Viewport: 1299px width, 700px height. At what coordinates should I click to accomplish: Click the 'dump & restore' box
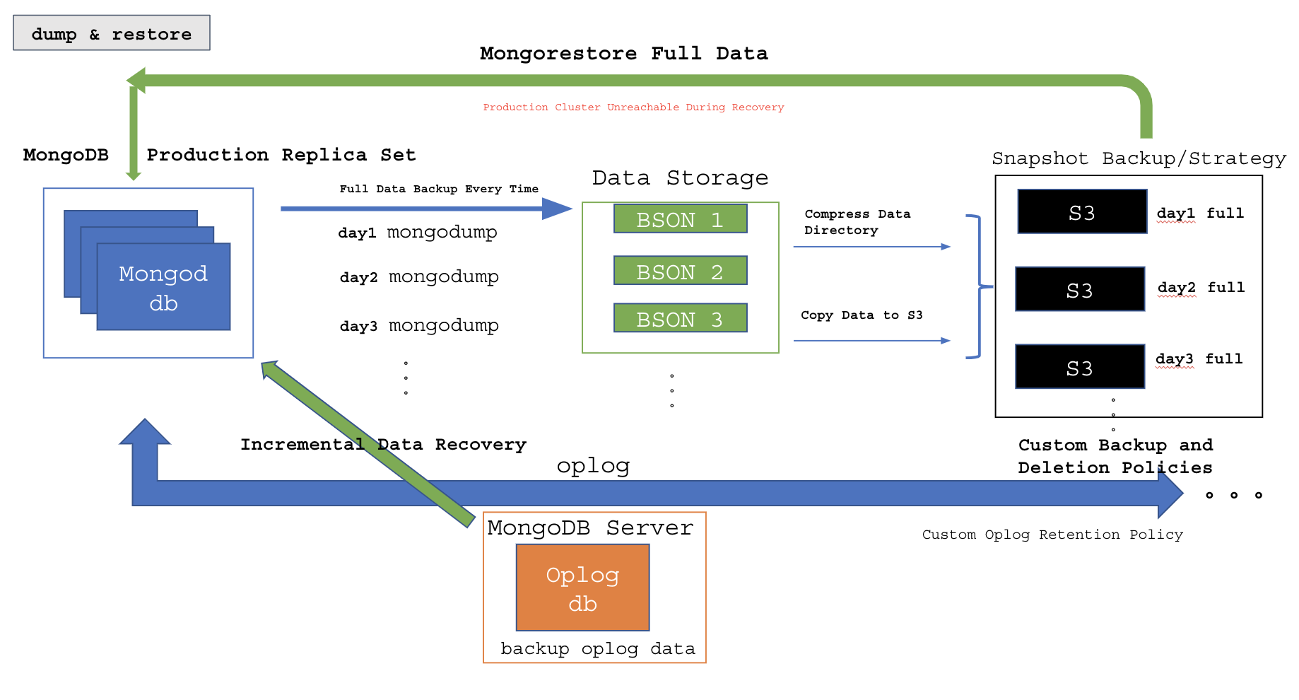(x=112, y=33)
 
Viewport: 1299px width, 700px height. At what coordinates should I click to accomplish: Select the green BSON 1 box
(x=680, y=219)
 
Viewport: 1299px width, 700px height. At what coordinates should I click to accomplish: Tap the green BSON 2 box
(x=680, y=271)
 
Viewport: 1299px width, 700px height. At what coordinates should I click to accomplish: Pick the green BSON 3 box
(x=680, y=318)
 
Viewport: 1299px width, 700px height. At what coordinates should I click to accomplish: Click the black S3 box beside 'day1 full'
(x=1082, y=211)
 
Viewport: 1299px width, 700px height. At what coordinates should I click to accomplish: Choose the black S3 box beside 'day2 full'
(x=1080, y=289)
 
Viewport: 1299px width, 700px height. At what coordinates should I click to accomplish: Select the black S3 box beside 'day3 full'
(x=1080, y=367)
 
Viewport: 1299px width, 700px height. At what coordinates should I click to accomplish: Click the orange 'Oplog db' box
(x=582, y=588)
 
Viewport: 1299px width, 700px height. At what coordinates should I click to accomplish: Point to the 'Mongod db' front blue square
(x=163, y=287)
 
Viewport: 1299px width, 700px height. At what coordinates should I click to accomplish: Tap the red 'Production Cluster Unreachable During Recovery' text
(x=633, y=107)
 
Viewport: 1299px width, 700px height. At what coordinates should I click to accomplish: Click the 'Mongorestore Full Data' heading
(x=623, y=54)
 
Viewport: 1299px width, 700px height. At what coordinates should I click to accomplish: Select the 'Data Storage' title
(x=680, y=177)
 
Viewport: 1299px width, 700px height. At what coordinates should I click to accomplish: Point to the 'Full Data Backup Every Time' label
(x=439, y=189)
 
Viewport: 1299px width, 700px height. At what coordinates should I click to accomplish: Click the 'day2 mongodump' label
(x=419, y=276)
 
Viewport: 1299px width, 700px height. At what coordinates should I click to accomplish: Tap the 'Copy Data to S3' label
(x=862, y=315)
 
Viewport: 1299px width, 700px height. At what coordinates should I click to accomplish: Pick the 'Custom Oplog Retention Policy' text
(x=1052, y=535)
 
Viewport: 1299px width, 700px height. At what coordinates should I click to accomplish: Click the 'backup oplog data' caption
(x=597, y=648)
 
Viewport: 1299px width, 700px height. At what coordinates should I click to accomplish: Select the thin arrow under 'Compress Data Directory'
(x=871, y=247)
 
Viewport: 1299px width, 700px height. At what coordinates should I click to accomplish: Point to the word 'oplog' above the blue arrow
(x=593, y=465)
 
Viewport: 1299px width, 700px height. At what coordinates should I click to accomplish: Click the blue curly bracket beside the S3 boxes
(x=978, y=286)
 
